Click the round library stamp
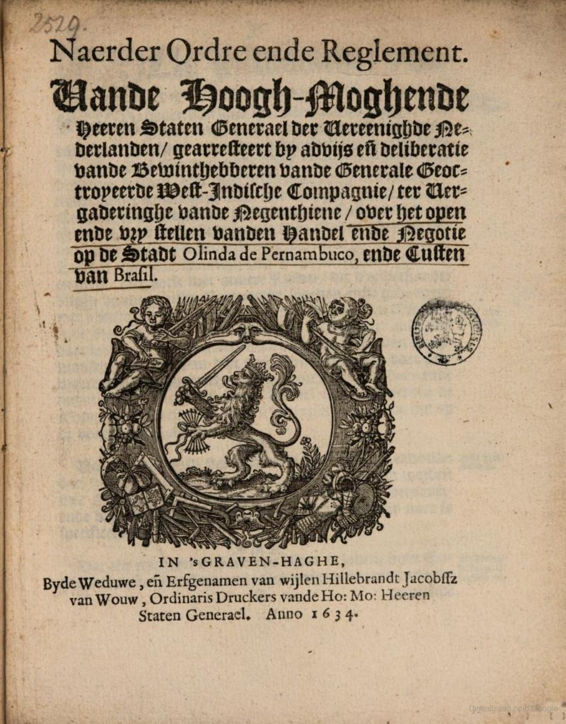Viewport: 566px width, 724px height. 446,332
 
